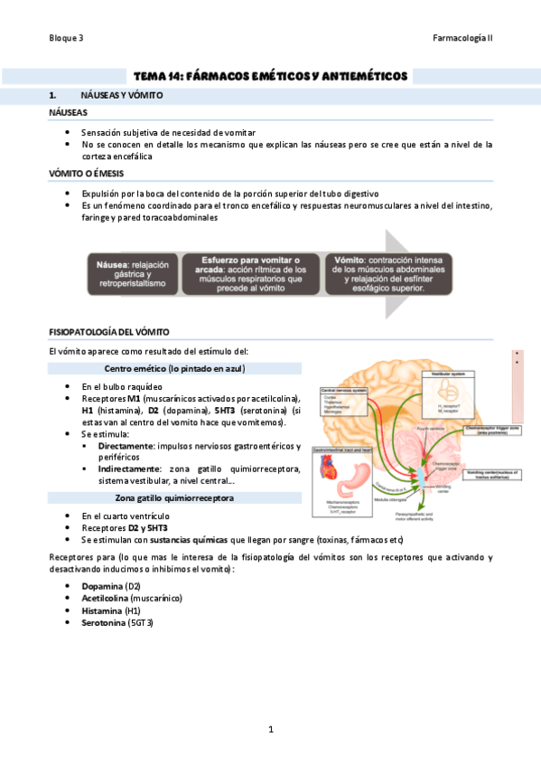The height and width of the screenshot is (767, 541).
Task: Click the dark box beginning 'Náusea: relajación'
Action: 133,273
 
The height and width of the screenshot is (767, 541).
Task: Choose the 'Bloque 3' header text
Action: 66,39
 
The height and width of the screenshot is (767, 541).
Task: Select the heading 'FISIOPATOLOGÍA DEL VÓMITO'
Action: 109,332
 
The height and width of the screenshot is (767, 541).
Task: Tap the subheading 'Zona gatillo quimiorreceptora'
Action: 175,497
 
